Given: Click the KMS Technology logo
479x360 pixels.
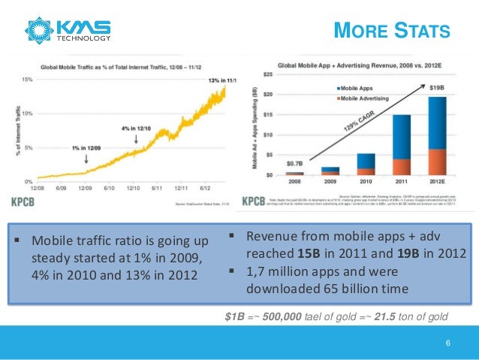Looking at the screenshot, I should (69, 29).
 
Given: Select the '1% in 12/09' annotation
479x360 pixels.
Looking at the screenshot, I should (87, 149).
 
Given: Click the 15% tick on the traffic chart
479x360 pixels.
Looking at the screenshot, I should (26, 79).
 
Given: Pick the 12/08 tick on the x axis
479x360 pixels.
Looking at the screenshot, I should (35, 188).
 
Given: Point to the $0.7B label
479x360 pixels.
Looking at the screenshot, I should (295, 162).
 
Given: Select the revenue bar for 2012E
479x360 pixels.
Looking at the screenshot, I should (438, 135).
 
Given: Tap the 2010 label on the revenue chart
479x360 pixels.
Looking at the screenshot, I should (366, 182).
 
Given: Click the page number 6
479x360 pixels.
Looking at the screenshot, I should (447, 344).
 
